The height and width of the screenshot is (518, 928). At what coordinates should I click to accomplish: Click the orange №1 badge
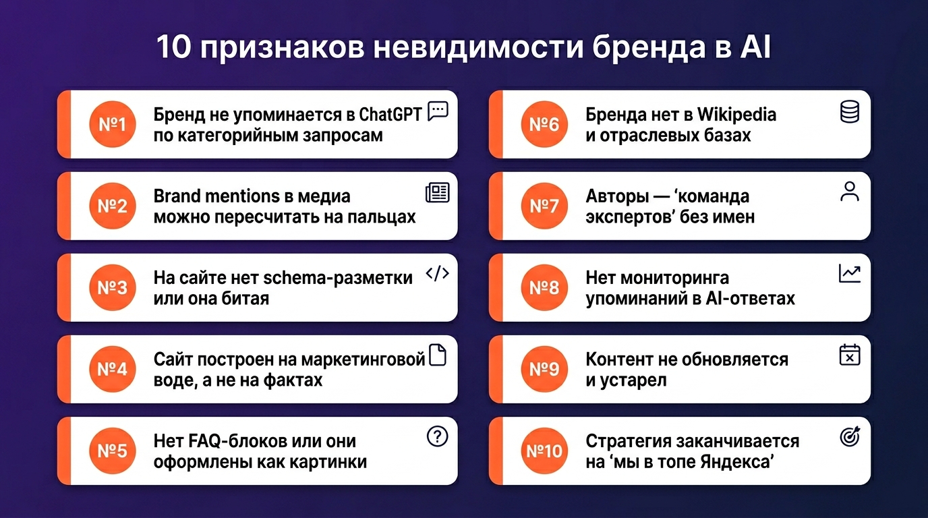tap(113, 124)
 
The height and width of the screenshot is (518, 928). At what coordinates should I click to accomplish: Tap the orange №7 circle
tap(544, 206)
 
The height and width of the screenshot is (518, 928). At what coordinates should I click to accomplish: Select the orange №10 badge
tap(544, 451)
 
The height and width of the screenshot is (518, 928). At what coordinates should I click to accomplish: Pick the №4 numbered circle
tap(113, 369)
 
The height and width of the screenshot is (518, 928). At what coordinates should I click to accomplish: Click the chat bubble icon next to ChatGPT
tap(438, 111)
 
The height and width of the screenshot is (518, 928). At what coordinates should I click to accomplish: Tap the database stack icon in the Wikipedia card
tap(850, 112)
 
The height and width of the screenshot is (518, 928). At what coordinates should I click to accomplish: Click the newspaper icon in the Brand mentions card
tap(438, 193)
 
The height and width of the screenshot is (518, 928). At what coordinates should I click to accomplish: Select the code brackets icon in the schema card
tap(438, 274)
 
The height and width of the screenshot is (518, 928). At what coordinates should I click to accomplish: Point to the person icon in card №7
tap(850, 192)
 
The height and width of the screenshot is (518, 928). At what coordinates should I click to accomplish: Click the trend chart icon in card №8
tap(850, 274)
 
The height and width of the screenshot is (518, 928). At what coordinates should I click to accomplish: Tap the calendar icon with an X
tap(850, 355)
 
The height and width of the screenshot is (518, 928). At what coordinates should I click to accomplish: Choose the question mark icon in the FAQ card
tap(438, 436)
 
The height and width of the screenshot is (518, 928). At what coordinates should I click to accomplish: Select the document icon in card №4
tap(438, 355)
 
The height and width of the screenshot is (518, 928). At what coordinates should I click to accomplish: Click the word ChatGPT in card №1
tap(390, 115)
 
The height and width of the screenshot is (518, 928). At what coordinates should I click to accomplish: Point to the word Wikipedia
tap(736, 115)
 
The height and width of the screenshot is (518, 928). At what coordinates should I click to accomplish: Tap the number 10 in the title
tap(173, 47)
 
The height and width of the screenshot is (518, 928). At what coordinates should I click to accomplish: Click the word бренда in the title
tap(649, 48)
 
